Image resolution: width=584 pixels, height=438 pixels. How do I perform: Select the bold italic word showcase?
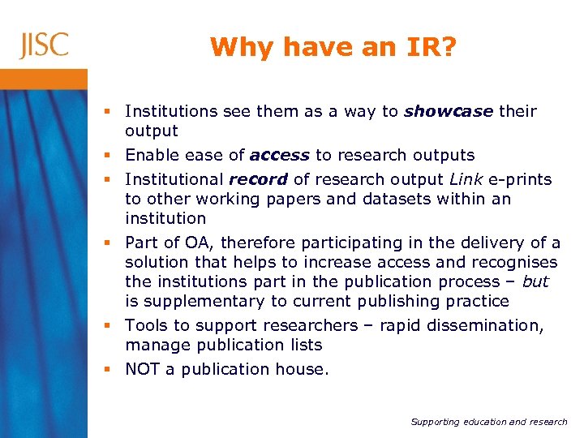click(x=449, y=111)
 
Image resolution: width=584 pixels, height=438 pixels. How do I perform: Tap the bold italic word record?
click(x=258, y=179)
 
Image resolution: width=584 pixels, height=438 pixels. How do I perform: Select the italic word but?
click(x=535, y=281)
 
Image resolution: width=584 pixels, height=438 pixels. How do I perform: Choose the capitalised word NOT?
click(x=143, y=369)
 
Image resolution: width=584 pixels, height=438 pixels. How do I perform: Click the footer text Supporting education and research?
click(x=489, y=422)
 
